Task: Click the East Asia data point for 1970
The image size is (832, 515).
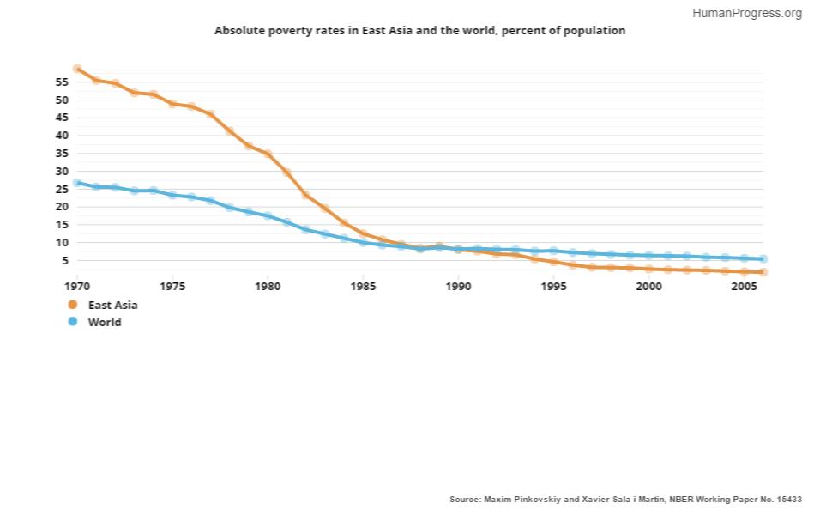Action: pos(77,69)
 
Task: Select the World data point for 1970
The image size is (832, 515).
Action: pos(77,183)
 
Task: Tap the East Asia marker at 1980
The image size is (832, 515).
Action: pos(268,154)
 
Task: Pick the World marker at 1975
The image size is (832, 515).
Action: pos(172,195)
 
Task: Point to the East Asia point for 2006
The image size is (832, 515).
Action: pos(763,272)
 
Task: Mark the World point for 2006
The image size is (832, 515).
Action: pos(763,258)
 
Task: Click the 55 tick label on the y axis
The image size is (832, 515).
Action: pos(61,82)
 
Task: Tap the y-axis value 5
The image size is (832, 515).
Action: pos(64,261)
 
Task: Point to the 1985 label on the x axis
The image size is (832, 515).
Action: pos(363,286)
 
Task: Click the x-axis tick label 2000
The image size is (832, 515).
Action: pos(648,286)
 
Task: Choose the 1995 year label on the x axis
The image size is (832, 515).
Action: pos(553,286)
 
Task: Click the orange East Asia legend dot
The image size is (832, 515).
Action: pos(73,305)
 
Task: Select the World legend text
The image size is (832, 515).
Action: pos(105,323)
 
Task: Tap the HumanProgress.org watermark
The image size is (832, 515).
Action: pos(746,13)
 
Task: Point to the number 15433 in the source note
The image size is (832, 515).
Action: pos(786,499)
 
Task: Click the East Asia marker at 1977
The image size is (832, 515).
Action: pos(210,115)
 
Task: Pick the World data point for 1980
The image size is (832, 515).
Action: pos(268,215)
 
